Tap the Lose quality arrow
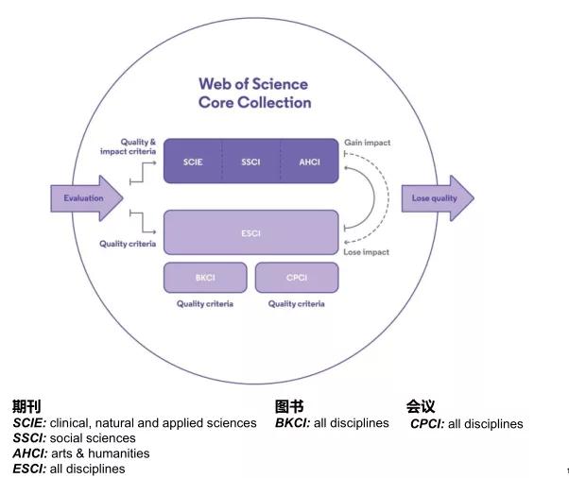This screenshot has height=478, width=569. tap(438, 198)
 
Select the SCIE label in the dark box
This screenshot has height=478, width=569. tap(193, 162)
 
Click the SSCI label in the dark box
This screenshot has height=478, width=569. tap(250, 162)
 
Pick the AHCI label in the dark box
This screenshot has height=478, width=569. tap(309, 162)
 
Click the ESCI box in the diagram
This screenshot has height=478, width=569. tap(251, 232)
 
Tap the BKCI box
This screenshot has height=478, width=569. tap(205, 278)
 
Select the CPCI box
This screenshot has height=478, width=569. tap(297, 278)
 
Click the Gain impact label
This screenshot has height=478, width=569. tap(368, 143)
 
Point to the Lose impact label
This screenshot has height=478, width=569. tap(366, 252)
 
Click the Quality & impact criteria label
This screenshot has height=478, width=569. tap(129, 146)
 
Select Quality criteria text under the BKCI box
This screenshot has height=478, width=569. tap(205, 304)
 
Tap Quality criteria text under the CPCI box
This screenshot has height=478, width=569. tap(297, 304)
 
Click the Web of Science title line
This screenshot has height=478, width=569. tap(253, 84)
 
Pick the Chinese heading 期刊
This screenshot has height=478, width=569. tap(26, 406)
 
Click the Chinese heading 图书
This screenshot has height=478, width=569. tap(289, 406)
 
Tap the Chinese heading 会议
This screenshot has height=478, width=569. tap(421, 406)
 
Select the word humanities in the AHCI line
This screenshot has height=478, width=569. tap(119, 453)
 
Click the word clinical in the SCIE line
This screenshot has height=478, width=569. tap(71, 423)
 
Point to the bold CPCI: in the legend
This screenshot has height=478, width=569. tap(427, 423)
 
